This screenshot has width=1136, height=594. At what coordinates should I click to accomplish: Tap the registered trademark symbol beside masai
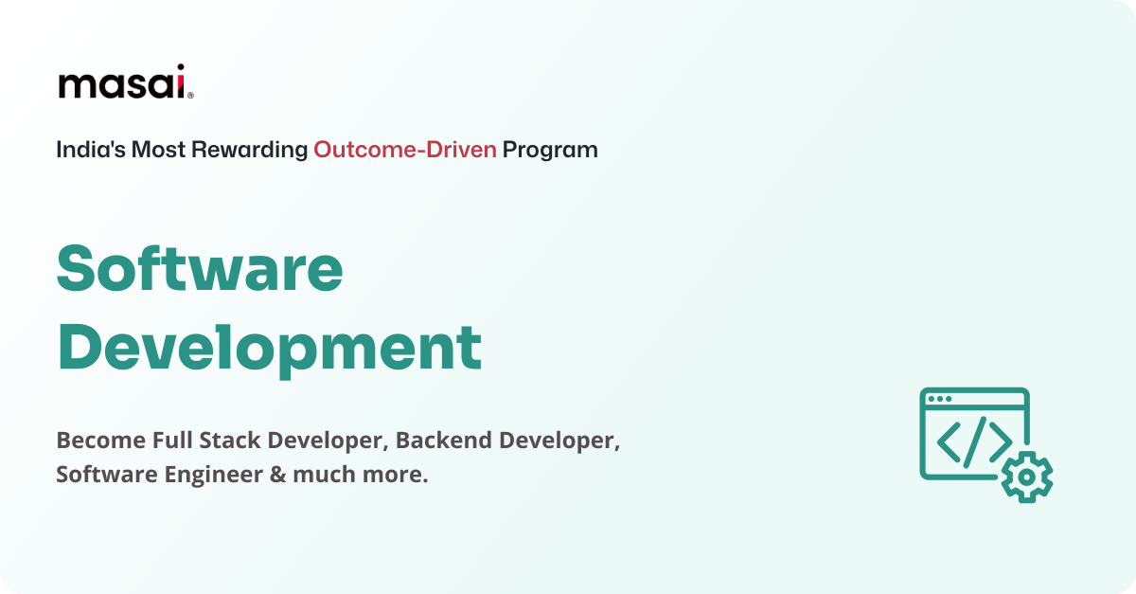190,95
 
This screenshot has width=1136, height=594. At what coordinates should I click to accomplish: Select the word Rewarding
250,150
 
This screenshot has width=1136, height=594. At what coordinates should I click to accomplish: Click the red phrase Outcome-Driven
405,150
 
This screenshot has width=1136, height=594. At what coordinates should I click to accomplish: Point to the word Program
550,150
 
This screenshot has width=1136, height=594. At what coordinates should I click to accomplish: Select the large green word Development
270,348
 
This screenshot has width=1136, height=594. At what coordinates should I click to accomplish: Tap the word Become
100,441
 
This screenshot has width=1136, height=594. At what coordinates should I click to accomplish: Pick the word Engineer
214,475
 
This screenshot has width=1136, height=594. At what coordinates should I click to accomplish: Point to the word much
323,475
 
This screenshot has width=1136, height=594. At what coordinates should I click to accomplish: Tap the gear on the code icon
1026,477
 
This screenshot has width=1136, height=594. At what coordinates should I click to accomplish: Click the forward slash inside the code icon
974,439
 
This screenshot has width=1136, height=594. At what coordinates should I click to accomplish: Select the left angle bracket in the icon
948,439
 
